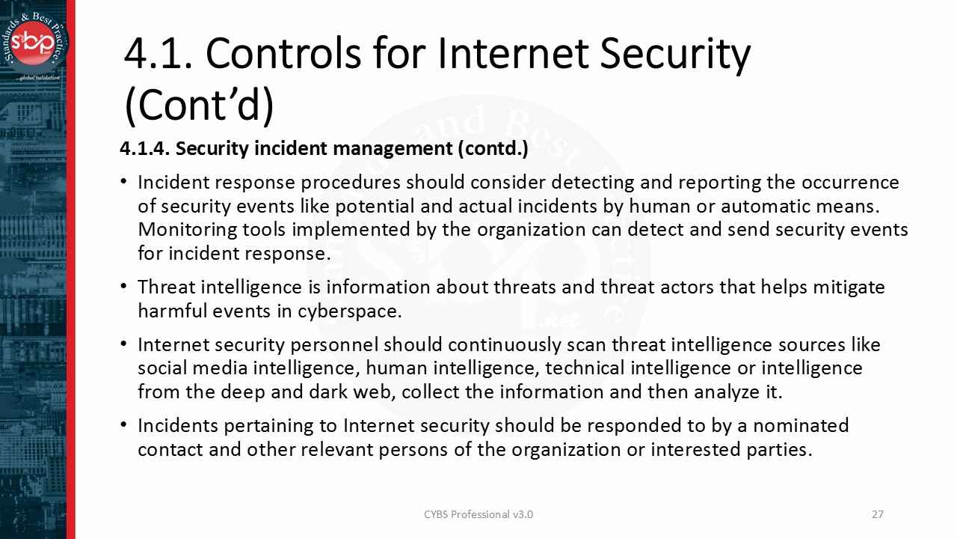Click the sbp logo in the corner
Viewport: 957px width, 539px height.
(37, 41)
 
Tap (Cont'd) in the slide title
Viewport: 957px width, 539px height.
(199, 106)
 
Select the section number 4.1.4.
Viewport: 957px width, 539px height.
(145, 149)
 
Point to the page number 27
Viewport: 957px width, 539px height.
(878, 514)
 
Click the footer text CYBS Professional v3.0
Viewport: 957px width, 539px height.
(478, 514)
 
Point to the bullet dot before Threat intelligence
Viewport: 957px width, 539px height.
(123, 287)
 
